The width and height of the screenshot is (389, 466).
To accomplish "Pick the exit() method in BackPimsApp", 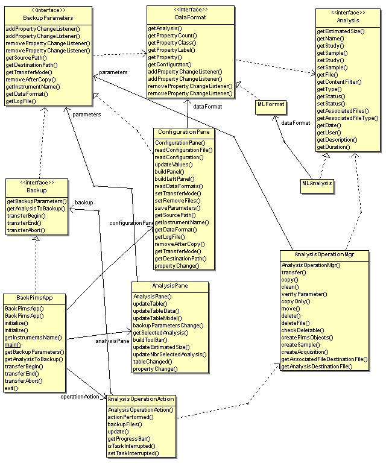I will pyautogui.click(x=12, y=388).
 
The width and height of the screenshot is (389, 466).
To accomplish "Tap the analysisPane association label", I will pyautogui.click(x=113, y=342).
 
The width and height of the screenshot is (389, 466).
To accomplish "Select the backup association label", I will pyautogui.click(x=84, y=203).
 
